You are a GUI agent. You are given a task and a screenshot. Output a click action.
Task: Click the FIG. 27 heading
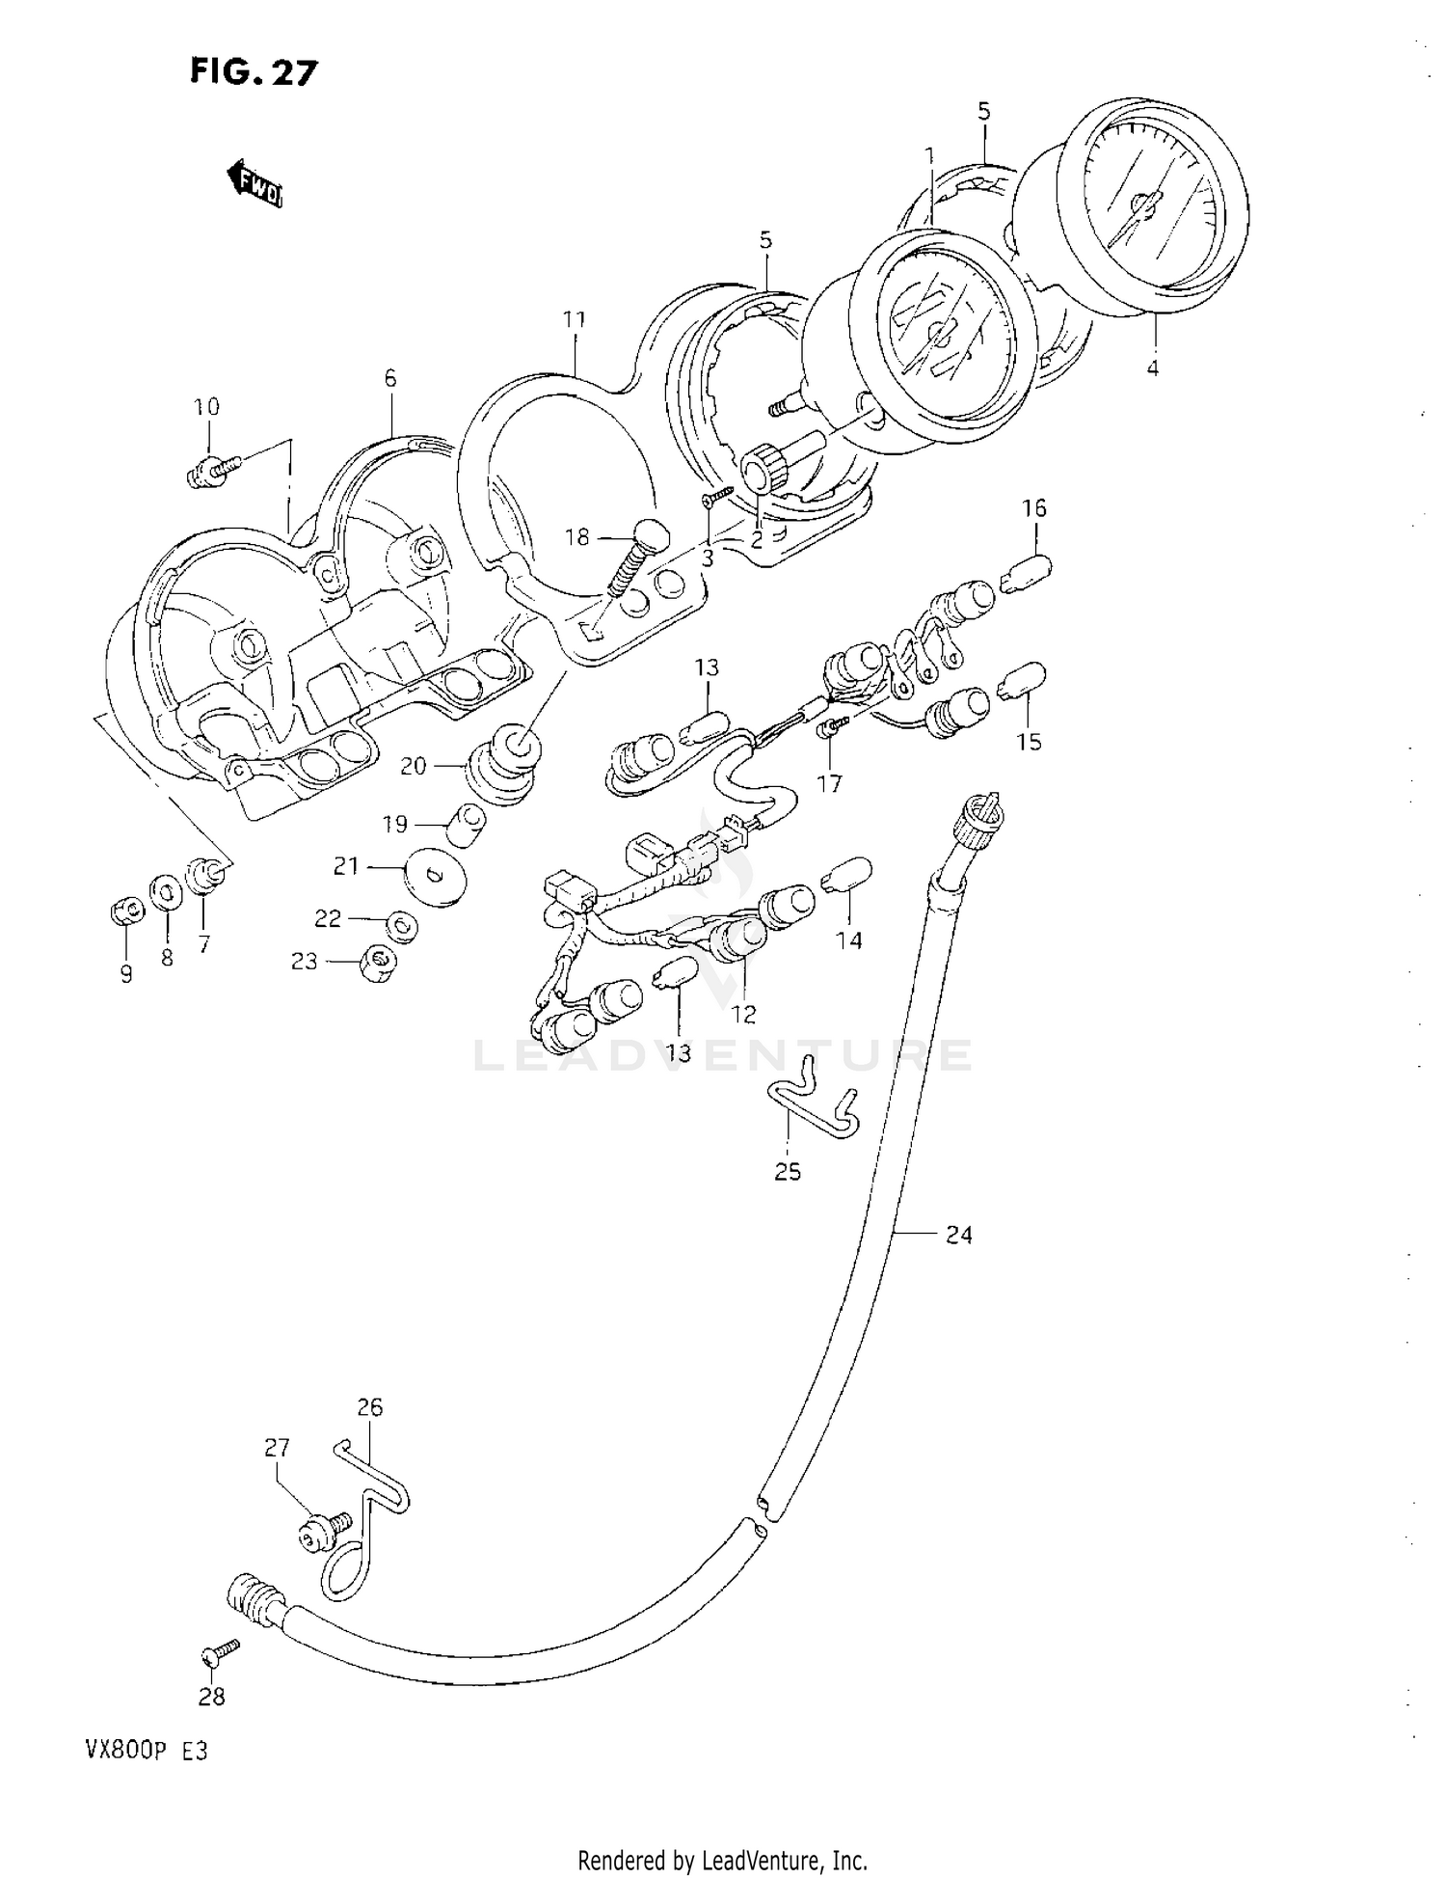point(253,71)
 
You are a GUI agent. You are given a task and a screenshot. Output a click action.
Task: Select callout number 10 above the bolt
point(206,406)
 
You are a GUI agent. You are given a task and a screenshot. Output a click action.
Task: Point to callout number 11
point(575,319)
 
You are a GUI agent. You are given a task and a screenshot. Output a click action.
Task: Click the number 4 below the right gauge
point(1153,367)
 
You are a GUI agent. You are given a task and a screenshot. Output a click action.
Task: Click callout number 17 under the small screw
point(829,783)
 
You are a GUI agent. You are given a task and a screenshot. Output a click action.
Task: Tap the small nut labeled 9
point(125,910)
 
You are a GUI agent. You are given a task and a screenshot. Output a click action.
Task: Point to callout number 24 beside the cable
point(958,1234)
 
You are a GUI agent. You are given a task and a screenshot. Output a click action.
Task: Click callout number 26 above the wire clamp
point(369,1407)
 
